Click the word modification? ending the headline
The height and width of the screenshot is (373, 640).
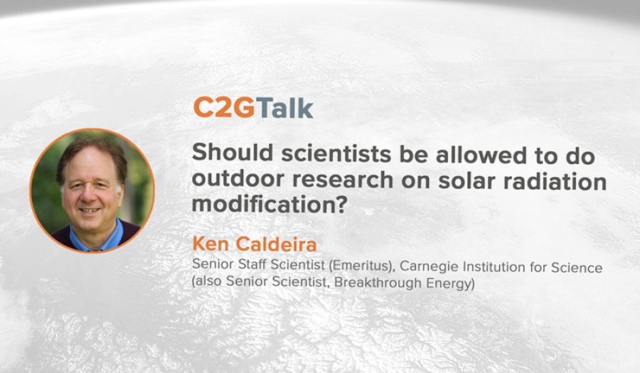pyautogui.click(x=269, y=204)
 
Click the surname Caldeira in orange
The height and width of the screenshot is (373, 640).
pyautogui.click(x=277, y=244)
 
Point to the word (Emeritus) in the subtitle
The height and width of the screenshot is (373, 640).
pyautogui.click(x=361, y=266)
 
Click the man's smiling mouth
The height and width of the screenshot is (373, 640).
pyautogui.click(x=90, y=211)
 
